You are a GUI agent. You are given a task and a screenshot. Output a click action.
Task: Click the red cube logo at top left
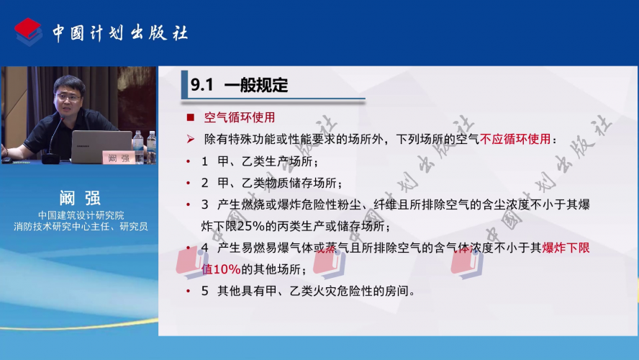(29, 31)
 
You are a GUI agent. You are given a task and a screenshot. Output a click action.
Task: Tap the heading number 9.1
(201, 85)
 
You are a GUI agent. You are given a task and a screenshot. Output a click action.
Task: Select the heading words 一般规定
(256, 85)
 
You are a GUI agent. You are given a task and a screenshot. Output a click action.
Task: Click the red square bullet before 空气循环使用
(190, 117)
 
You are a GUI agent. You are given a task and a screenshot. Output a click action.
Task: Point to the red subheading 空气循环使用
(240, 117)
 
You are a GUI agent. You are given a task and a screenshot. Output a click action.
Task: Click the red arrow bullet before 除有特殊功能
(190, 140)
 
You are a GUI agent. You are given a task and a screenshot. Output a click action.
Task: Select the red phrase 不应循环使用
(515, 139)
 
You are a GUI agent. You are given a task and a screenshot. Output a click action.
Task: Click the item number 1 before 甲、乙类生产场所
(204, 161)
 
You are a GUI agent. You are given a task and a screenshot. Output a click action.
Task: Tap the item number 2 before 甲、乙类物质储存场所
(204, 183)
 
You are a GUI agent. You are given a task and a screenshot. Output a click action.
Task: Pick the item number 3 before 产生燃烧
(204, 204)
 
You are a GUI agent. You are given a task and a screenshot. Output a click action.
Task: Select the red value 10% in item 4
(227, 269)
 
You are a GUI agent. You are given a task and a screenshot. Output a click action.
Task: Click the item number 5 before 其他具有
(204, 291)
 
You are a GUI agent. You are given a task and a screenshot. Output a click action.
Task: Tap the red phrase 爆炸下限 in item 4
(566, 248)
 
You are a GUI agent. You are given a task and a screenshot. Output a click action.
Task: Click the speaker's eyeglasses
(68, 98)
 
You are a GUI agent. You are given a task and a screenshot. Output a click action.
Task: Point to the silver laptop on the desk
(101, 146)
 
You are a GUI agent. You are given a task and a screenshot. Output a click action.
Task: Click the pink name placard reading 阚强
(119, 158)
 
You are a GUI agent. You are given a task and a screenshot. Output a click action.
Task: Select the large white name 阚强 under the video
(80, 198)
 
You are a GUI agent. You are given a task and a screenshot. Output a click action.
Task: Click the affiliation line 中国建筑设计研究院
(81, 215)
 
